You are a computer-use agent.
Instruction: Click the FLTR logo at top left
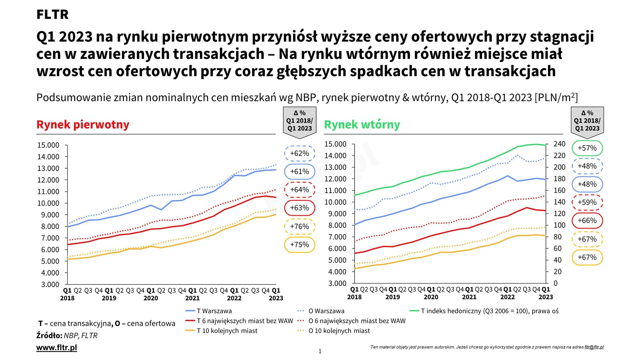coord(52,14)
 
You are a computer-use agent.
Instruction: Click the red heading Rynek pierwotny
coord(83,124)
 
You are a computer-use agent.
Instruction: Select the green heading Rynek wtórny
coord(362,124)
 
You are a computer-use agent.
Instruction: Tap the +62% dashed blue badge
coord(300,153)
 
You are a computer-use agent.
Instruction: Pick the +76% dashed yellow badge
coord(300,227)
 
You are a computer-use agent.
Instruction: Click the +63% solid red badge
coord(300,208)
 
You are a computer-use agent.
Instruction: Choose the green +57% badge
coord(587,148)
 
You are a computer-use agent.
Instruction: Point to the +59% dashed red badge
coord(587,202)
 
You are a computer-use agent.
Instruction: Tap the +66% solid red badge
coord(587,220)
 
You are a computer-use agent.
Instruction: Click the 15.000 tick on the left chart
coord(48,145)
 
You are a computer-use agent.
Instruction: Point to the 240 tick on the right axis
coord(559,144)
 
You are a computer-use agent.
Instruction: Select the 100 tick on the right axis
coord(559,225)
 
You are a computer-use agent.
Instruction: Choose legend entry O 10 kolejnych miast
coord(339,331)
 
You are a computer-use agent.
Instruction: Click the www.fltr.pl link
coord(57,348)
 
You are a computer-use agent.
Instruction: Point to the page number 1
coord(320,351)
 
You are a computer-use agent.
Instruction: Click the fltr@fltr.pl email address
coord(594,347)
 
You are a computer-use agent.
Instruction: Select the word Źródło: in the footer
coord(49,336)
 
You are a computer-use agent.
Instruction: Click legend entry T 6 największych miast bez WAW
coord(245,321)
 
